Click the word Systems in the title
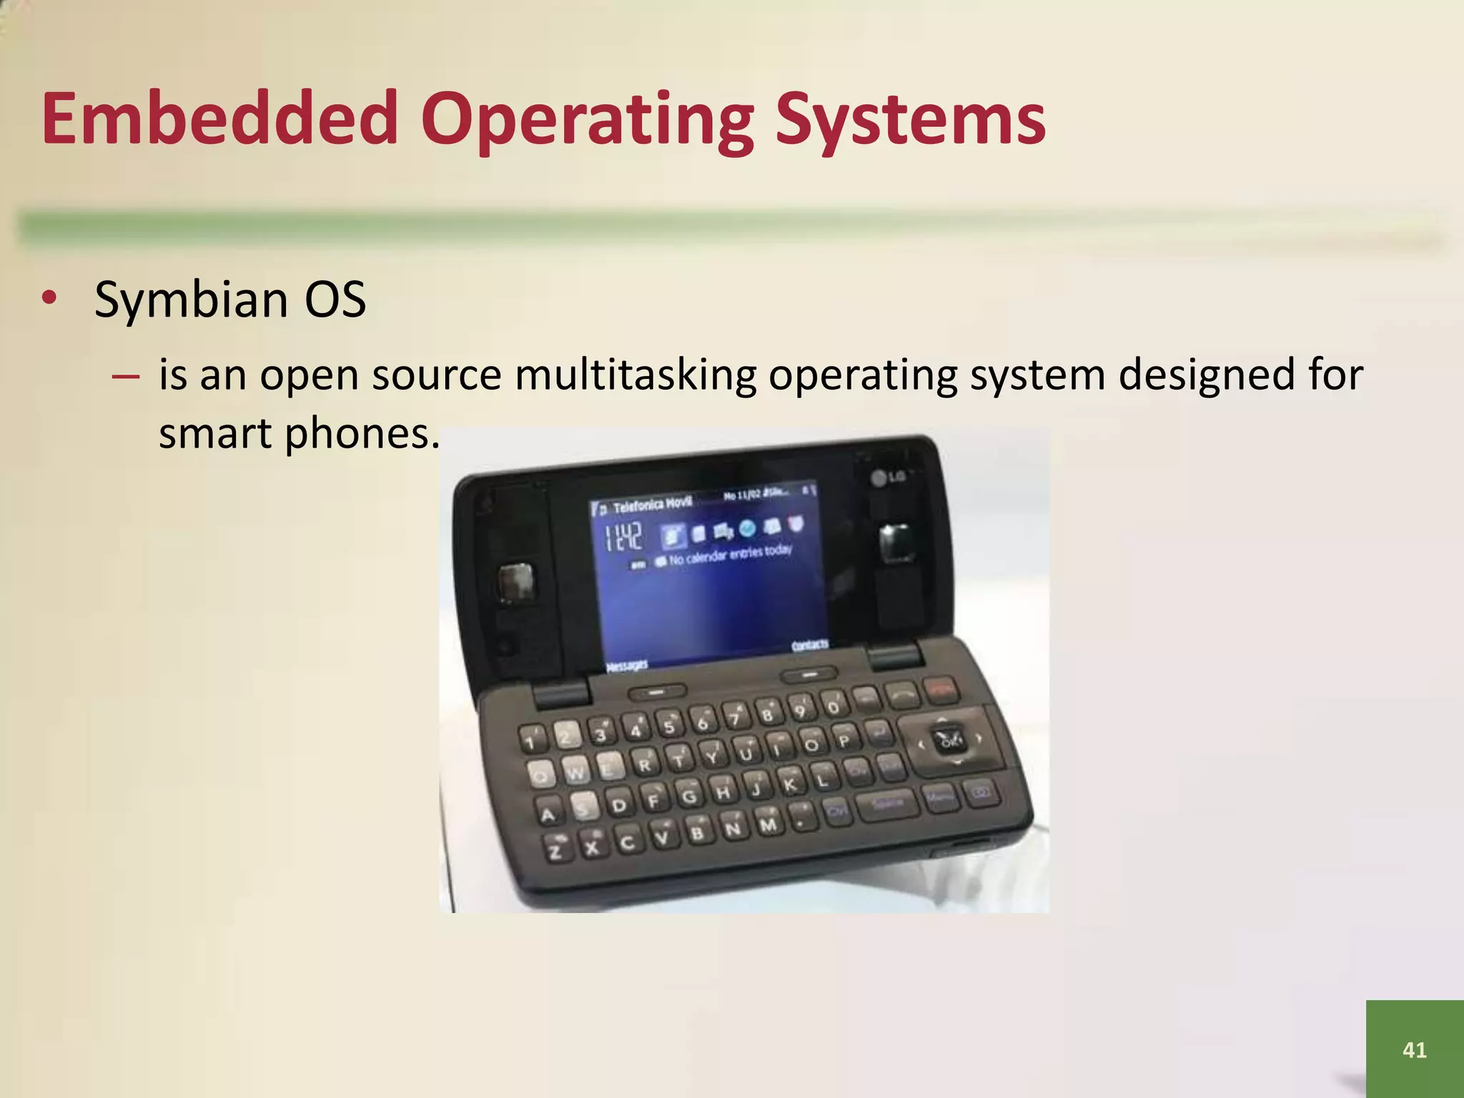[911, 118]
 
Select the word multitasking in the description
[635, 375]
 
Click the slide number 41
[1414, 1049]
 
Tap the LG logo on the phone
[888, 478]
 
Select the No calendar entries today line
[729, 555]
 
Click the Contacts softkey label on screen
[809, 646]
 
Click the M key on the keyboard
[767, 825]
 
